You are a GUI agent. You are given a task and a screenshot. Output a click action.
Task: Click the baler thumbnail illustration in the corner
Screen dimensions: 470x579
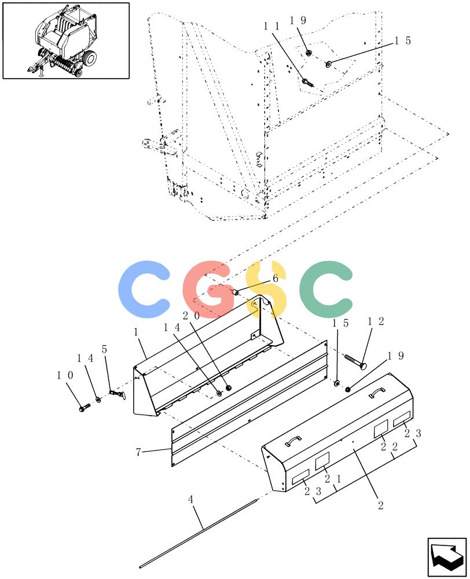pos(66,41)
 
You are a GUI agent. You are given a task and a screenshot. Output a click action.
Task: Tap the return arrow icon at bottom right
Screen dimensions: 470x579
pos(447,557)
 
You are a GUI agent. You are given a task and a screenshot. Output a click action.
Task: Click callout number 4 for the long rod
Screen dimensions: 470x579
pos(190,500)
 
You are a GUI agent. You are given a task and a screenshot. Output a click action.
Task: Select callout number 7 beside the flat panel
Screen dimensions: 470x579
pos(138,452)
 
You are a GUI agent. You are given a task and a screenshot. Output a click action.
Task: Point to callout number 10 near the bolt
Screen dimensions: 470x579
pos(65,375)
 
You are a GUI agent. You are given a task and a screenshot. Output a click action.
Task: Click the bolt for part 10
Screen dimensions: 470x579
pos(85,408)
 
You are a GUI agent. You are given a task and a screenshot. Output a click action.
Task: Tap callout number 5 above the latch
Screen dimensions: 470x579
pos(105,349)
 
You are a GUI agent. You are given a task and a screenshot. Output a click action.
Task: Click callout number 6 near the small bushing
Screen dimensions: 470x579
pos(276,278)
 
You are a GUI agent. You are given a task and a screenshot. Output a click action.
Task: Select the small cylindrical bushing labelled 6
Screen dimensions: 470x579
pos(235,292)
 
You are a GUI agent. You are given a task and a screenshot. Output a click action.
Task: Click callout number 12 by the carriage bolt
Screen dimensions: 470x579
pos(376,321)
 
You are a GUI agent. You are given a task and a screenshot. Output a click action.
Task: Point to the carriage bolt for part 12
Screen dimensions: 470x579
pos(354,361)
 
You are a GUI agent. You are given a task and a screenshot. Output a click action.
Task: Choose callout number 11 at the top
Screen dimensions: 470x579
pos(271,26)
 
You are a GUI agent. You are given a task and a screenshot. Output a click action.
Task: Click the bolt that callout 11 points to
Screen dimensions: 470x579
pos(307,83)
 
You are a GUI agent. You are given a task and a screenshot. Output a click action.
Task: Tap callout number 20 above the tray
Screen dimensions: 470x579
pos(191,316)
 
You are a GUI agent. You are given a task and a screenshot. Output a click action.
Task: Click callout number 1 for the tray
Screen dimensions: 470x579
pos(136,332)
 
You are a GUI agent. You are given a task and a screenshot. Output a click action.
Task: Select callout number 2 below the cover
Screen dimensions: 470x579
pos(381,505)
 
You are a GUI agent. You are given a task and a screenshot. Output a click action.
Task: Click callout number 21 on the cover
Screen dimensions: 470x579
pos(333,479)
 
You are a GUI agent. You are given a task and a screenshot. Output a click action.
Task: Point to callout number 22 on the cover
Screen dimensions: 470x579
pos(389,447)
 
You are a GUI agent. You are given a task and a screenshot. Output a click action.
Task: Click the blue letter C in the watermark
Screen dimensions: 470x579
pos(144,289)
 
